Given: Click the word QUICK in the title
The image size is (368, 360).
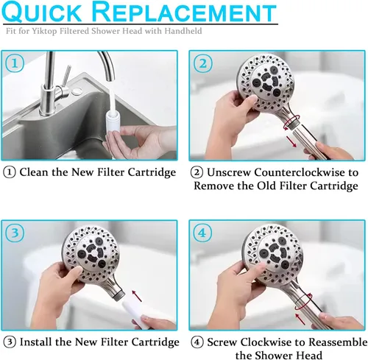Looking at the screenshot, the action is [x=42, y=12].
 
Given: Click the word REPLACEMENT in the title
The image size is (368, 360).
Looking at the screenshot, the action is [x=185, y=12].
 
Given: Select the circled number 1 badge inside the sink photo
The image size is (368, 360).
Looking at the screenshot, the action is [x=15, y=63].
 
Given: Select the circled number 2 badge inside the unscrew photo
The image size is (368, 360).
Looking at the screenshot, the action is [x=203, y=63].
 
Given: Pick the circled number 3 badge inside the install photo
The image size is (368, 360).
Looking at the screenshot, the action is [x=15, y=233].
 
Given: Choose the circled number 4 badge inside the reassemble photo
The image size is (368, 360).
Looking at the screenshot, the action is [x=202, y=233].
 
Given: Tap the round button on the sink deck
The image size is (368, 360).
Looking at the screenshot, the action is [x=77, y=91].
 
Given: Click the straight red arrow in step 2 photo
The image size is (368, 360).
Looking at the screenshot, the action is [x=291, y=141].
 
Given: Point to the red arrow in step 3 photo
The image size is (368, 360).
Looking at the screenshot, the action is [x=137, y=296].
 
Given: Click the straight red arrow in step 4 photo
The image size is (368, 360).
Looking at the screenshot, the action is [x=300, y=319].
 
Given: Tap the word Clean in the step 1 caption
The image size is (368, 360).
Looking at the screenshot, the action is [x=34, y=172].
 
